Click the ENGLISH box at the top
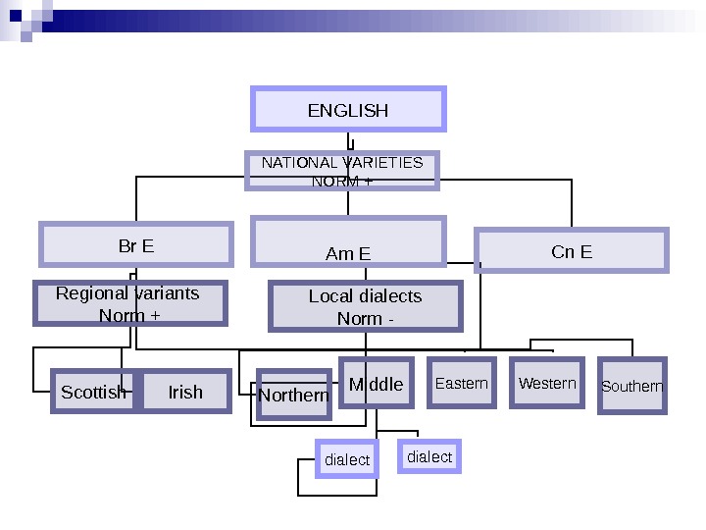348,109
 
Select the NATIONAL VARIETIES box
341,170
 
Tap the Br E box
136,244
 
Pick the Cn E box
572,250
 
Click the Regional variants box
130,303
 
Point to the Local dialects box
365,307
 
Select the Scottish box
92,392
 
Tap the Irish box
185,392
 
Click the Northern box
293,395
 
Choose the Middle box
377,384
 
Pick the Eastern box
461,383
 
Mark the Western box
547,383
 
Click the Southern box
631,386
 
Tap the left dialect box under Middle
347,459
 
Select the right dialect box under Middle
429,456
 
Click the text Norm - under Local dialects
365,319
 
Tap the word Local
329,296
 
